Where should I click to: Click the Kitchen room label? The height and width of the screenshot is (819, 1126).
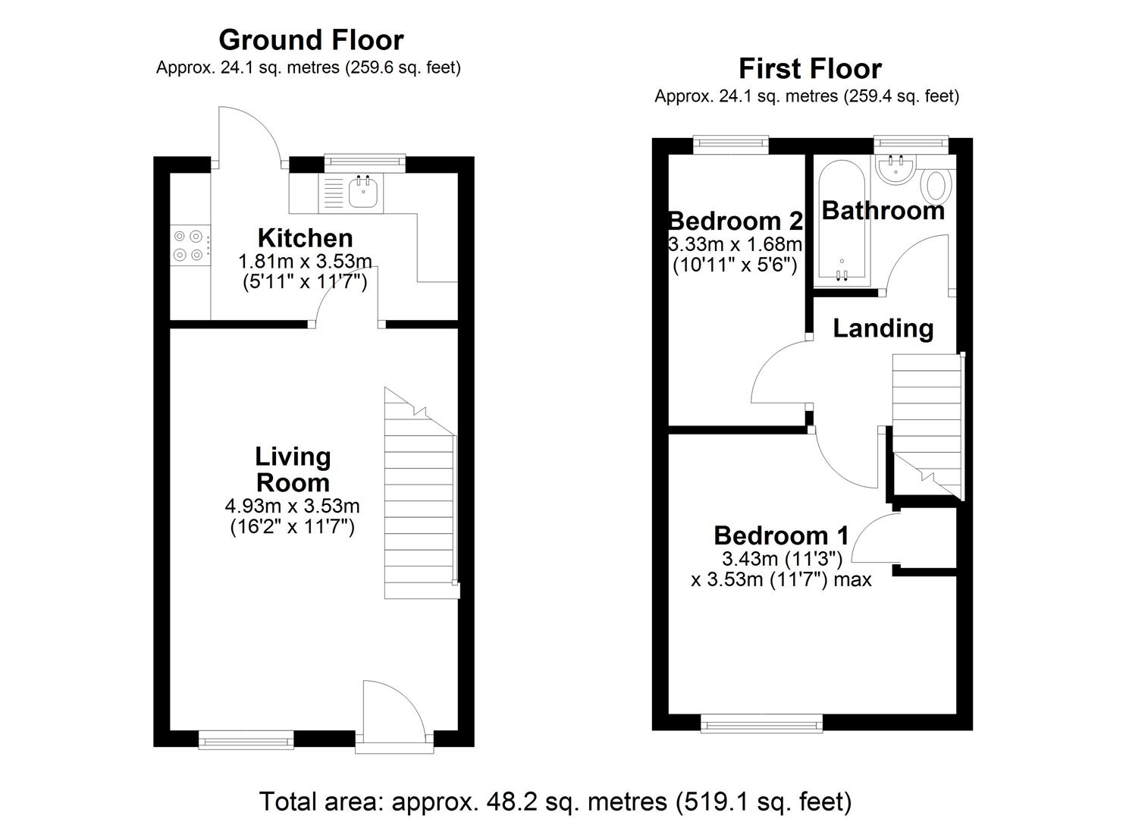coord(305,238)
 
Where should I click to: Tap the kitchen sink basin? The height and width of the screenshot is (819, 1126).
coord(363,193)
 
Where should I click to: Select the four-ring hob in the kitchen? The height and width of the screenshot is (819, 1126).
coord(190,246)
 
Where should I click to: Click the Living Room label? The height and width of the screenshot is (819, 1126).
coord(293,469)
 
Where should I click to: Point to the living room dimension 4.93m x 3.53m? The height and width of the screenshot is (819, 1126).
coord(292,506)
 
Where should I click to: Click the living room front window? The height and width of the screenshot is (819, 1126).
coord(246,739)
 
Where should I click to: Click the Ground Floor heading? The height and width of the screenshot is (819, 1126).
coord(311,39)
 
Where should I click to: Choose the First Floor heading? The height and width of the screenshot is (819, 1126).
coord(810,69)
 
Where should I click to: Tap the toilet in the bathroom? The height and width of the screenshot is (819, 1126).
coord(938,185)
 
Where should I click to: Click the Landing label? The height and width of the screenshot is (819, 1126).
coord(883,328)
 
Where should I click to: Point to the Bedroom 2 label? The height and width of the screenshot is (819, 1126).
coord(735,221)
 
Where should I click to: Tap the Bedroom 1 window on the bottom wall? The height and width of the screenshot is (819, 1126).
coord(761,724)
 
